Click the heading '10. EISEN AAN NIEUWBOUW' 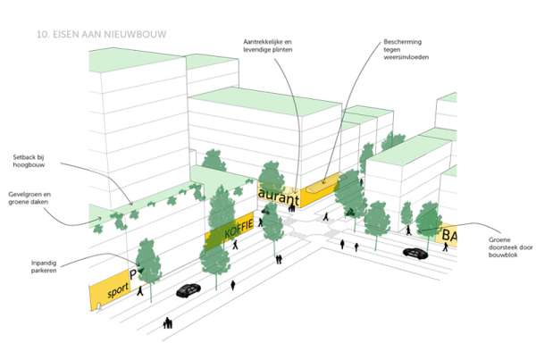click(x=102, y=34)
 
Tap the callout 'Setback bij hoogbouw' click(x=29, y=161)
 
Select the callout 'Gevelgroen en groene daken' click(x=29, y=198)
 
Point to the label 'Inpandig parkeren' click(x=44, y=267)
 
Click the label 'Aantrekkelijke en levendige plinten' click(x=268, y=46)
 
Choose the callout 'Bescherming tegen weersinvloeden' click(x=406, y=49)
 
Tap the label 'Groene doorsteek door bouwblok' click(x=510, y=247)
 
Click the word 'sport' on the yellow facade click(x=118, y=290)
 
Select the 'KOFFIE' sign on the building click(x=239, y=229)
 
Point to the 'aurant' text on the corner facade click(x=279, y=197)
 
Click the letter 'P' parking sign click(x=133, y=274)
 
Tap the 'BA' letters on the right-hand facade click(x=449, y=236)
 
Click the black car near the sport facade click(x=188, y=290)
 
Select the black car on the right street click(x=415, y=253)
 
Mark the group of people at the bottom click(x=168, y=323)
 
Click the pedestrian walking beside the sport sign click(x=140, y=291)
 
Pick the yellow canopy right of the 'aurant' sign click(x=322, y=188)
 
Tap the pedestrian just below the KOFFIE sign click(x=235, y=245)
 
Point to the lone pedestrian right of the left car click(x=233, y=286)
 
